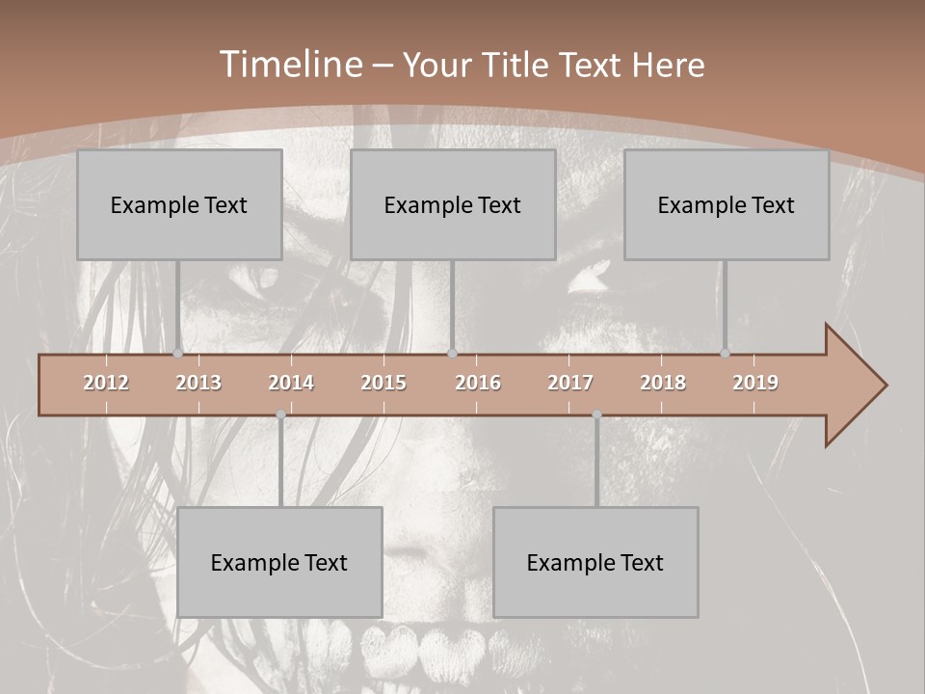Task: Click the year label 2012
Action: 106,383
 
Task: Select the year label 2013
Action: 198,383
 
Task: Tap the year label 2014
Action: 291,383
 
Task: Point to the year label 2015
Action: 383,383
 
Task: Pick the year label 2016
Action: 478,383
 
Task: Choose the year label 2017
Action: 570,383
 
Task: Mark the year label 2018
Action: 663,383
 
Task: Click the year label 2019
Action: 755,383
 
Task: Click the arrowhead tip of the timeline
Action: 885,386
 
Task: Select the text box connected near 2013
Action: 179,204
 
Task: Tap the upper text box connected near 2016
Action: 453,204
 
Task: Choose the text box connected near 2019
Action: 727,204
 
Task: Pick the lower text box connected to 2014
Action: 279,562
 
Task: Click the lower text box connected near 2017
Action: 595,562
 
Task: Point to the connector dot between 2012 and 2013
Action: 177,354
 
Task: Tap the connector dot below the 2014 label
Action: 280,414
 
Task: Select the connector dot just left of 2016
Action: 452,354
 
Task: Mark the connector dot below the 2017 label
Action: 596,414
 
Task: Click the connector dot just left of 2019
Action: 725,354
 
